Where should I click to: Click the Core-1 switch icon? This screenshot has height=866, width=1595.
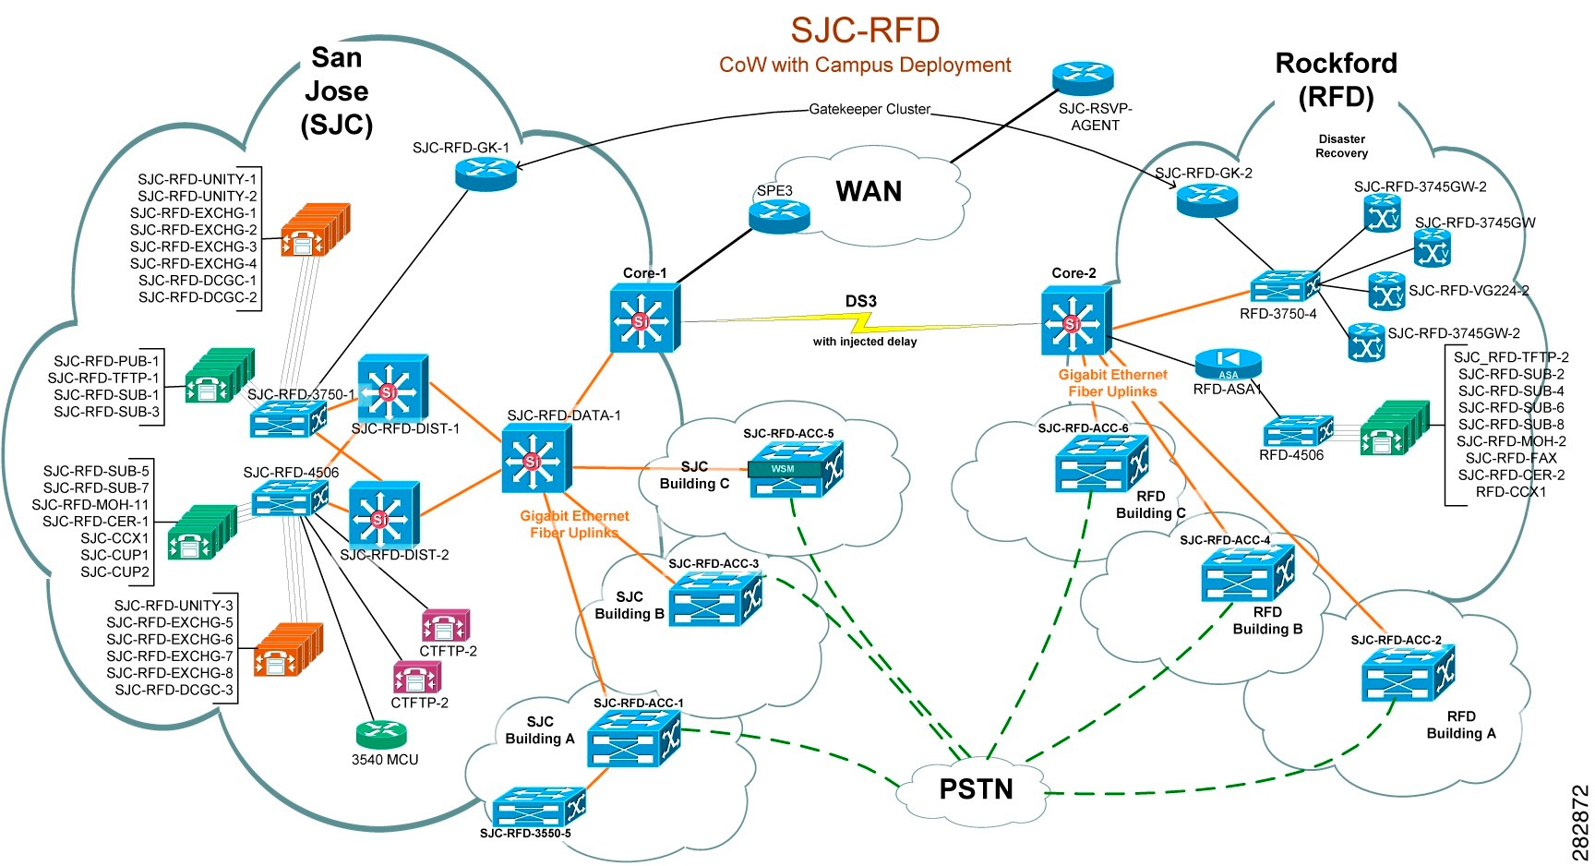(x=643, y=319)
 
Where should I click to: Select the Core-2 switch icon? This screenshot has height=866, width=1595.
(x=1075, y=320)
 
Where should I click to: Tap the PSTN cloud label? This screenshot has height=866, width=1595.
(x=976, y=789)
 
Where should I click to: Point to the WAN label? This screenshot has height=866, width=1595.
(x=869, y=191)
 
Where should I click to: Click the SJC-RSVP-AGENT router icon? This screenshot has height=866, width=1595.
(x=1083, y=79)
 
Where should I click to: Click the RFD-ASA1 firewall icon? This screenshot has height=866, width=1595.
(x=1228, y=364)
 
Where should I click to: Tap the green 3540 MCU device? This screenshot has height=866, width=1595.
(x=380, y=735)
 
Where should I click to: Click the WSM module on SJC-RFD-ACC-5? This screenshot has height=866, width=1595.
(x=783, y=469)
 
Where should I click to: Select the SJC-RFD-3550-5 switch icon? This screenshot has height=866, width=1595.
(x=538, y=807)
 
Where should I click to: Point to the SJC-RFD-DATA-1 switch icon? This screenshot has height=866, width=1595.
(x=536, y=460)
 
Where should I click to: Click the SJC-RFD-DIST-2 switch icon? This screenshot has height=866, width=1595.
(x=383, y=515)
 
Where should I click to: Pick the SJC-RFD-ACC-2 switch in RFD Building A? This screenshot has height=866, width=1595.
(x=1407, y=673)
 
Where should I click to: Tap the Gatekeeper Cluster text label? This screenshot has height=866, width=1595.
(x=869, y=109)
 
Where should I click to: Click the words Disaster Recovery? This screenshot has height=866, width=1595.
(x=1341, y=146)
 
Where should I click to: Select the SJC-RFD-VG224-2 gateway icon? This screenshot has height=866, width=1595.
(x=1385, y=291)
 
